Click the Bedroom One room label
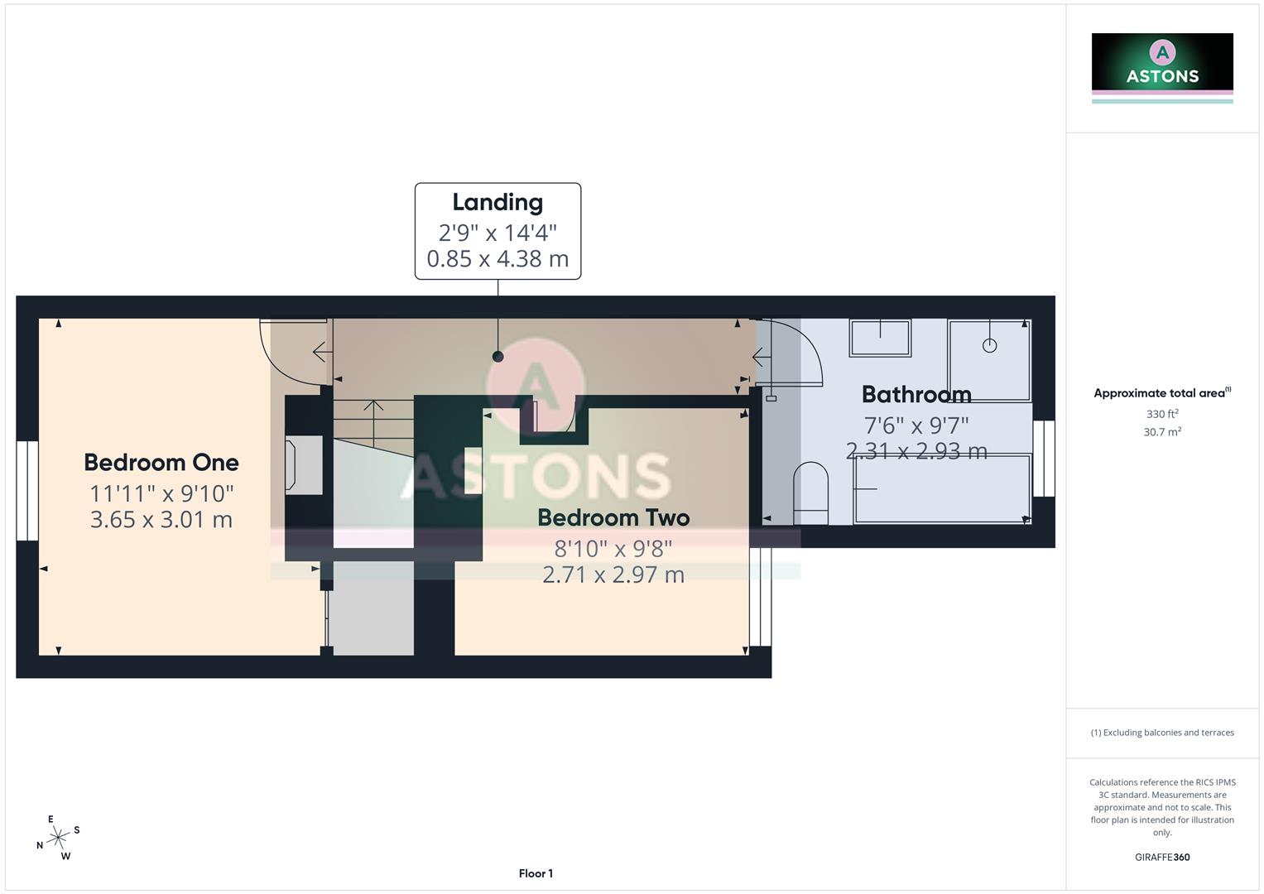[161, 462]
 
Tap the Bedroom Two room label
[613, 517]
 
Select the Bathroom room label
[916, 394]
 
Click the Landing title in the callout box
[497, 202]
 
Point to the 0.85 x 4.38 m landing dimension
[497, 259]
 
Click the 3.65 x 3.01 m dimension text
[161, 520]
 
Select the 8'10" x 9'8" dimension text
[613, 548]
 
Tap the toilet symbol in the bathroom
[810, 493]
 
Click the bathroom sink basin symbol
[879, 338]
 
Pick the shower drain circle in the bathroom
[989, 345]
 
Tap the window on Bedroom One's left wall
[27, 490]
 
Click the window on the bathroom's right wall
[1044, 458]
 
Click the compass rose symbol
[58, 838]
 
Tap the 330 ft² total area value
[1161, 414]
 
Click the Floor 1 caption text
[536, 873]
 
